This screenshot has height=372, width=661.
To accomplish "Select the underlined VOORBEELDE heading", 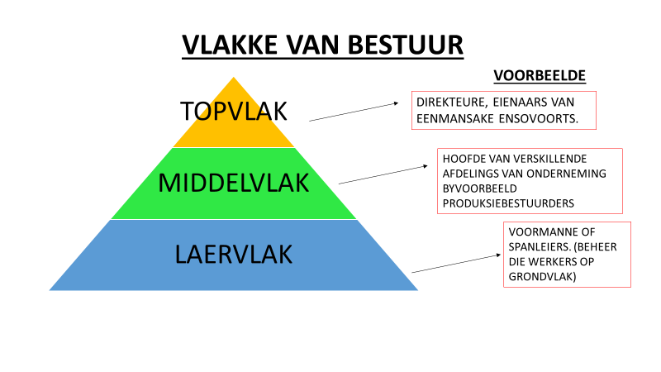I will click(x=540, y=75).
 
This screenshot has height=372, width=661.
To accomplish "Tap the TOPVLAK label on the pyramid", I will click(x=233, y=109).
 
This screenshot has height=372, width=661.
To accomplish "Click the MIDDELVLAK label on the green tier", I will click(x=233, y=183).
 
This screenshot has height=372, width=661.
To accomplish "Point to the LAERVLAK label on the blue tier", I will click(x=233, y=254).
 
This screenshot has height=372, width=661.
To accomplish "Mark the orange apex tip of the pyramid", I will click(x=234, y=81).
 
